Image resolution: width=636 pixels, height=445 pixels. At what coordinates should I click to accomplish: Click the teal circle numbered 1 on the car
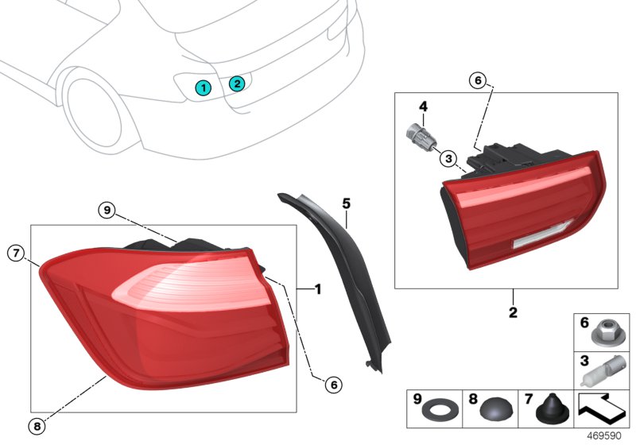[x=204, y=87]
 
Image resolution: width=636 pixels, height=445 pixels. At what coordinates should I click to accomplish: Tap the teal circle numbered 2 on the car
[x=236, y=83]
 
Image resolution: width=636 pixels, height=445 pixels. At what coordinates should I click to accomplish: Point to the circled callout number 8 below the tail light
[x=37, y=426]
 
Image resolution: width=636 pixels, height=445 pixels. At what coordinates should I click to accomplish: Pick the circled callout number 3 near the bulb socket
[x=448, y=158]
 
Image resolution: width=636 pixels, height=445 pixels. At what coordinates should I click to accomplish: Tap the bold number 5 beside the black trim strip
[x=346, y=204]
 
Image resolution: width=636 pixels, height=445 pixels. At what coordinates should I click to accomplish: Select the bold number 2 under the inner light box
[x=513, y=312]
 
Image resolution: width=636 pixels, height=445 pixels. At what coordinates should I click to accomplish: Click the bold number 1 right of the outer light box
[x=317, y=290]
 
